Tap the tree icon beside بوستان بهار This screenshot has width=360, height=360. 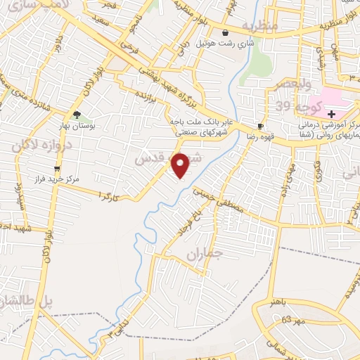pos(76,115)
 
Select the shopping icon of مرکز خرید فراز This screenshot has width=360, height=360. pos(57,169)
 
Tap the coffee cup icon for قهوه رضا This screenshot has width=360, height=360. pos(261,127)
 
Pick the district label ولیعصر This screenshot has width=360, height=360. pos(283,84)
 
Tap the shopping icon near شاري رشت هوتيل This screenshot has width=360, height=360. pos(225,33)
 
